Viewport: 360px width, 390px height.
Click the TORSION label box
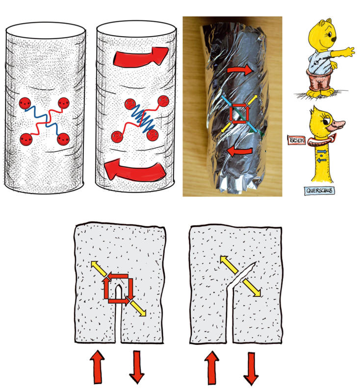(296, 140)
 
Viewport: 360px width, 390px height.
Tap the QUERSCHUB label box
(319, 191)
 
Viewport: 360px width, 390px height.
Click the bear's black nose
(334, 39)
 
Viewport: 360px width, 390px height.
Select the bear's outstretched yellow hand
(348, 51)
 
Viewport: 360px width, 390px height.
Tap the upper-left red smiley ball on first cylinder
(25, 103)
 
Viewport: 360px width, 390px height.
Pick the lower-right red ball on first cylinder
(63, 139)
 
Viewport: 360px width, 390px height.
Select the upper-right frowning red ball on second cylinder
(163, 101)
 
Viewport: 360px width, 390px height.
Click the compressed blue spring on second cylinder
(143, 119)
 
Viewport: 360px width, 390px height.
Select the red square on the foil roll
(239, 113)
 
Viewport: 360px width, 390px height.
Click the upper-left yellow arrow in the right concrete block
(229, 265)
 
